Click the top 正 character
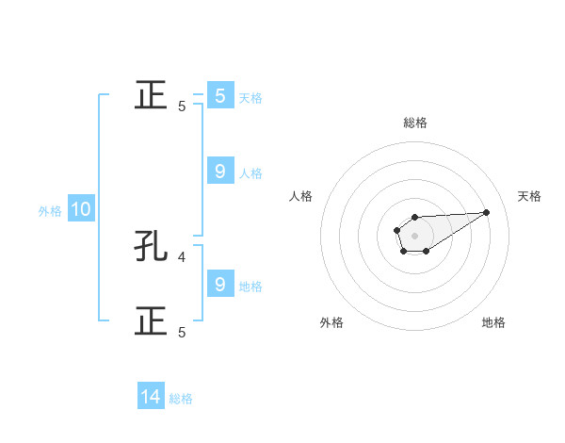point(151,95)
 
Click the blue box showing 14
point(151,398)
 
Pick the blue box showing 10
point(80,210)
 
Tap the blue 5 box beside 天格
point(219,96)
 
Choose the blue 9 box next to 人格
point(219,172)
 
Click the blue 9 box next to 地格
point(219,285)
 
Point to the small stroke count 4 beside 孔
point(182,255)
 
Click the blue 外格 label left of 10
point(50,211)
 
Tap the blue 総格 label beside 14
point(181,399)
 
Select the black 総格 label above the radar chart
point(415,123)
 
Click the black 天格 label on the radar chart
point(529,196)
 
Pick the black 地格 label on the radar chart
point(493,323)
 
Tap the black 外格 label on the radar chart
point(331,323)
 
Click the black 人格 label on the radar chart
point(301,196)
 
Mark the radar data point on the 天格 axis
point(487,211)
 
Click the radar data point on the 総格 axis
point(414,218)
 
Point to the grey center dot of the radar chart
point(414,235)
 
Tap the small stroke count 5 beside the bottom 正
point(182,332)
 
